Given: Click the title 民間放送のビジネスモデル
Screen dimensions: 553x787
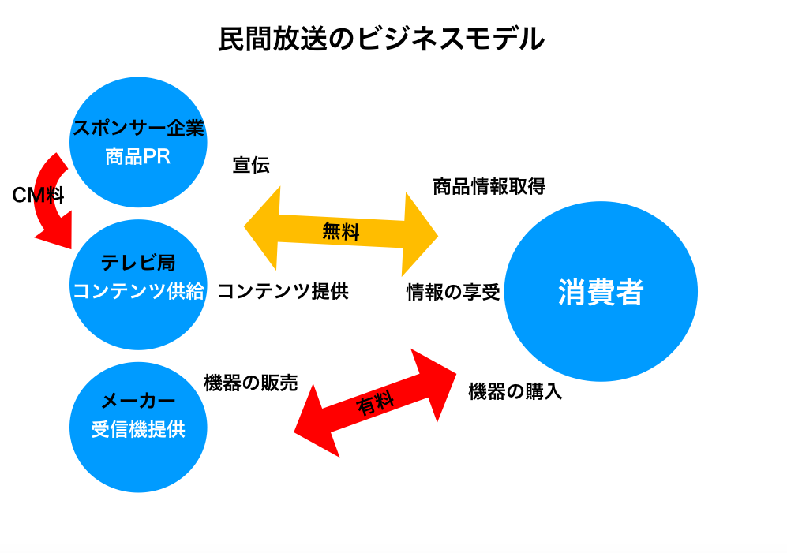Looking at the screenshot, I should pyautogui.click(x=381, y=39).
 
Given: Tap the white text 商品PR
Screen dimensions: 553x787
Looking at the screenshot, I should pyautogui.click(x=138, y=157).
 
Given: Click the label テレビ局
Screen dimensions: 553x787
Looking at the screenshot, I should pyautogui.click(x=138, y=263).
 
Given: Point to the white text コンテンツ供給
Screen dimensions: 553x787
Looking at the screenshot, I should pyautogui.click(x=138, y=292).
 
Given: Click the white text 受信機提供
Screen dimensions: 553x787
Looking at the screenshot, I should pyautogui.click(x=138, y=430).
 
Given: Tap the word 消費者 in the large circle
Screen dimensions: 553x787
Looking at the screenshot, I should pyautogui.click(x=601, y=293).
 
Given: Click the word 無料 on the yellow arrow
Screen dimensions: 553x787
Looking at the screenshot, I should pyautogui.click(x=341, y=231).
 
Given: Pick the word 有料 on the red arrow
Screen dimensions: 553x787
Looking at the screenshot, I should pyautogui.click(x=376, y=404).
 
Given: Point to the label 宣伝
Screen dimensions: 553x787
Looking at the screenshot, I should pyautogui.click(x=251, y=165).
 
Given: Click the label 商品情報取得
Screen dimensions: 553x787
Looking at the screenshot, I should pyautogui.click(x=489, y=187).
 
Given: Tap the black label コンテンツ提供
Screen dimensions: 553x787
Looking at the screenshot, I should pyautogui.click(x=283, y=292).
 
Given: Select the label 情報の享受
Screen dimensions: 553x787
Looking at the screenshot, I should pyautogui.click(x=453, y=293).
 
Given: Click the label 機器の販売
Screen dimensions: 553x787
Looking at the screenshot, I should pyautogui.click(x=250, y=383).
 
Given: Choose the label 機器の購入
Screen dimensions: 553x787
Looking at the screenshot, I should pyautogui.click(x=515, y=391).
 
